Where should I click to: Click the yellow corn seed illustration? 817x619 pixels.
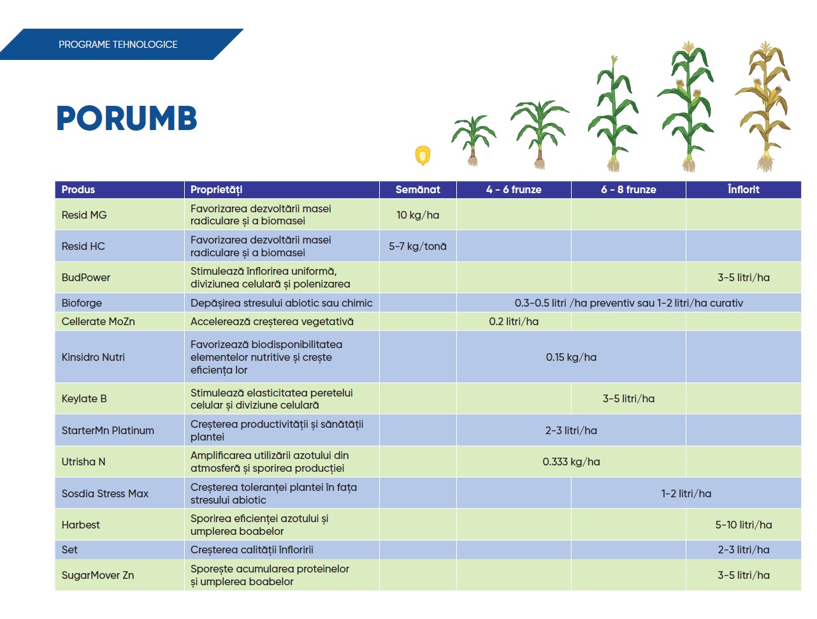point(423,155)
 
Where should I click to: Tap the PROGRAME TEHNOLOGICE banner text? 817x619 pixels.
point(118,44)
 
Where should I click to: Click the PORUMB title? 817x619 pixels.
point(127,118)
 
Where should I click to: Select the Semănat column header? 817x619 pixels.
point(417,189)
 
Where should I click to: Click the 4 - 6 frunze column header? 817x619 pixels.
point(514,189)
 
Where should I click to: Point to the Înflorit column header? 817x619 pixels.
point(743,189)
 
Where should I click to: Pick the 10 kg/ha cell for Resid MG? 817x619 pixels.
point(417,215)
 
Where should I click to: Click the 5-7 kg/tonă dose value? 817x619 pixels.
point(417,246)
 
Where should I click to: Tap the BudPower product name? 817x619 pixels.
point(85,277)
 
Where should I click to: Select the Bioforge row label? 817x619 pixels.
point(82,303)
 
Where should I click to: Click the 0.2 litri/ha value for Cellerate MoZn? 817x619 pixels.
point(514,321)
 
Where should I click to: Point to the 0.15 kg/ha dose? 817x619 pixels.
point(571,357)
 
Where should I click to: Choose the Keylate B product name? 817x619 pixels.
point(84,398)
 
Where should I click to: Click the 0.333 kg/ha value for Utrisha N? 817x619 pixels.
point(571,462)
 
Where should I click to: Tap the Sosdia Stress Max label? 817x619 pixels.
point(105,493)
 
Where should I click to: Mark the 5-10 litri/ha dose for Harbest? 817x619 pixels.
point(743,525)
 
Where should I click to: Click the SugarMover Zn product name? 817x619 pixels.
point(98,575)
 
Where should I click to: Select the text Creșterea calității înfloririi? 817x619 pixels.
point(252,550)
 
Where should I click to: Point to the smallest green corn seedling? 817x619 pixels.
point(474,140)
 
